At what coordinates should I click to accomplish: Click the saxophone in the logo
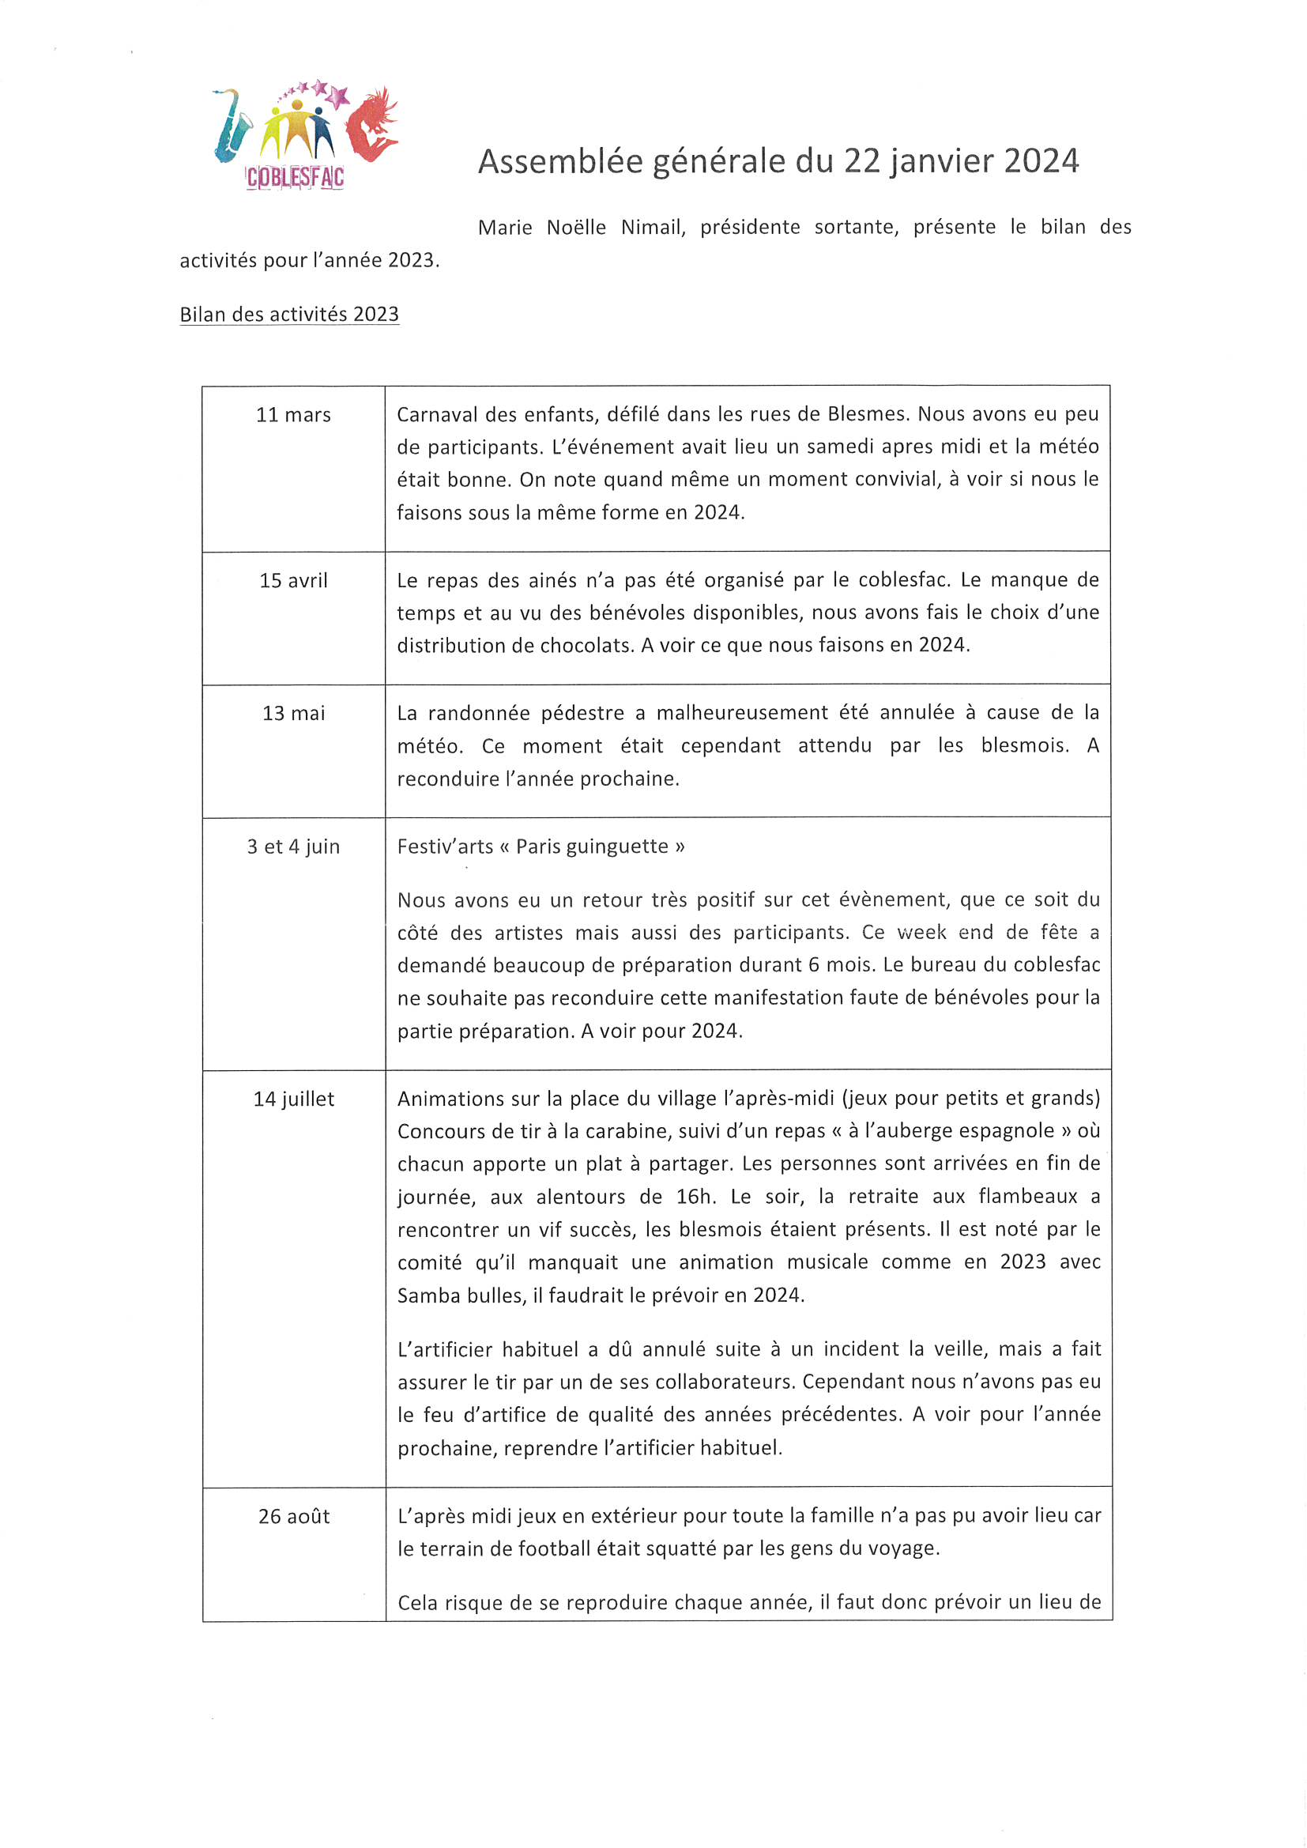pyautogui.click(x=231, y=126)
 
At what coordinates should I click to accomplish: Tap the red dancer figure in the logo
pyautogui.click(x=373, y=125)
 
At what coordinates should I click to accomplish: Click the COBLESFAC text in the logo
pyautogui.click(x=296, y=178)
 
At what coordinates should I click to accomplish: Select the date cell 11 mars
pyautogui.click(x=293, y=415)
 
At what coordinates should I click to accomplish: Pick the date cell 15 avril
pyautogui.click(x=293, y=581)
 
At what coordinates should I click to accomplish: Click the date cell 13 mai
pyautogui.click(x=293, y=714)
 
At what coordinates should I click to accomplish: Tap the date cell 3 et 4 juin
pyautogui.click(x=293, y=847)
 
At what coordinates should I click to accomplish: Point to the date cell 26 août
pyautogui.click(x=293, y=1517)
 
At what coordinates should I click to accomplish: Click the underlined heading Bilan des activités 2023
pyautogui.click(x=289, y=315)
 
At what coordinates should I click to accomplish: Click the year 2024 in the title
pyautogui.click(x=1041, y=162)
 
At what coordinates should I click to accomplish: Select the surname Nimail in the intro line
pyautogui.click(x=652, y=228)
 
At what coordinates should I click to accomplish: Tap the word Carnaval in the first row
pyautogui.click(x=436, y=415)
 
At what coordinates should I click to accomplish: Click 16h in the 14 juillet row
pyautogui.click(x=695, y=1197)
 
